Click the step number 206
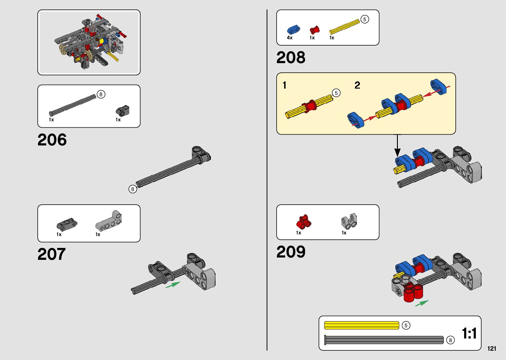pos(52,140)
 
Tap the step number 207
pos(52,254)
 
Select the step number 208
pos(291,58)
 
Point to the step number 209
pos(291,252)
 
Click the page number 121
pos(491,348)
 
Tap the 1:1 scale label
pos(469,333)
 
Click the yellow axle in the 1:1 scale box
pos(362,325)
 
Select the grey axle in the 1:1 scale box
pos(384,340)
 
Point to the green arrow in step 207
pos(173,284)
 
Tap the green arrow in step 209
pos(422,303)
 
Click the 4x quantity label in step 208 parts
pos(290,38)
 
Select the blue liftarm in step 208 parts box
pos(293,30)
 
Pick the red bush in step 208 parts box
pos(315,30)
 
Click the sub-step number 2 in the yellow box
pos(357,85)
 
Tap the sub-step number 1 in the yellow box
pos(284,85)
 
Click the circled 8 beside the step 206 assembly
pos(133,189)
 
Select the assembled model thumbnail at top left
pos(89,42)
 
